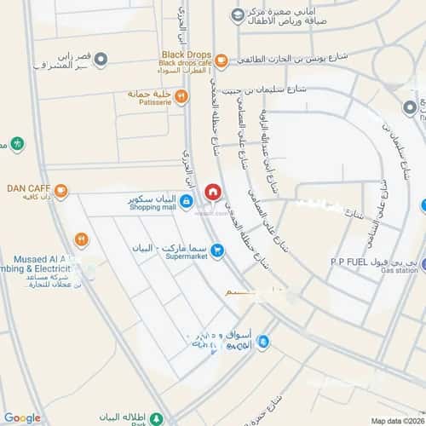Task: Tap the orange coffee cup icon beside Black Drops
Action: [221, 60]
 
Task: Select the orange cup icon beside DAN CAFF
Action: [61, 190]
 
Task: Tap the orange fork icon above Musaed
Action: [82, 240]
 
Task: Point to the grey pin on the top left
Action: [101, 60]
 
